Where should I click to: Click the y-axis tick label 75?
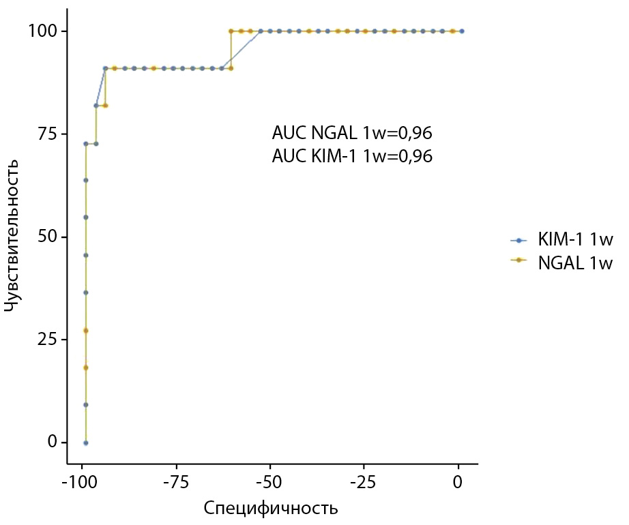48,134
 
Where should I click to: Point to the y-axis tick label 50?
48,237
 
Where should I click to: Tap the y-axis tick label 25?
48,340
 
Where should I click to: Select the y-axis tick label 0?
52,442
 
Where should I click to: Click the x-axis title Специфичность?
271,509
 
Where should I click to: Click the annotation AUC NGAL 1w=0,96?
352,132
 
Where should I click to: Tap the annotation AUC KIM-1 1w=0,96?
352,156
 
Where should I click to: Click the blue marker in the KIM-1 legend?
518,240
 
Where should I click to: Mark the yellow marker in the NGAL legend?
518,262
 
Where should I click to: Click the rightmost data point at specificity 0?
462,31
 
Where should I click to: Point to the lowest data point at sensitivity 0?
85,442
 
